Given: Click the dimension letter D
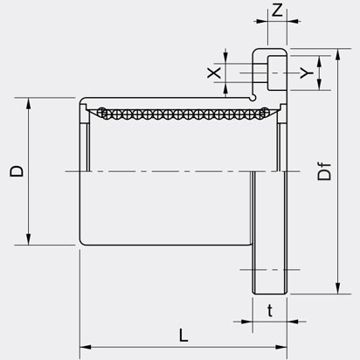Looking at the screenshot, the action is (17, 171).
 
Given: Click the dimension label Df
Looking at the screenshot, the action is (324, 171).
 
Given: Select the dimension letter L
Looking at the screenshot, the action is (183, 335).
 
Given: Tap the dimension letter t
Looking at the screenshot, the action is (270, 310).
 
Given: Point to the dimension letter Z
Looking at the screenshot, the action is (277, 10).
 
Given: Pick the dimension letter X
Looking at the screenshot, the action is (214, 73).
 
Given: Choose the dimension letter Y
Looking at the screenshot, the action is (307, 73).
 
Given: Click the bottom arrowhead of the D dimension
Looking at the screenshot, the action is (28, 239).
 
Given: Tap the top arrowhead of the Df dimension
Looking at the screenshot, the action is (337, 55).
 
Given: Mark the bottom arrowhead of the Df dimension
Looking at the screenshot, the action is (337, 288).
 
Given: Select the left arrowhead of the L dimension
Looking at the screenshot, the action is (86, 347).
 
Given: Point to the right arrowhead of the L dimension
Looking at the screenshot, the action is (281, 347).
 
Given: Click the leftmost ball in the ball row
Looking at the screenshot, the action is (102, 112).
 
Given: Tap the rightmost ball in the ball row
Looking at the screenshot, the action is (264, 112).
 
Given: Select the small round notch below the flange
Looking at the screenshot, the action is (253, 97).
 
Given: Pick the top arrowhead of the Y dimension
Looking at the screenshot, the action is (320, 61).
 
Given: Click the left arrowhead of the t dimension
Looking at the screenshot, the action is (246, 322).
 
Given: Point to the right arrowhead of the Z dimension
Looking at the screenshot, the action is (293, 21).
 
